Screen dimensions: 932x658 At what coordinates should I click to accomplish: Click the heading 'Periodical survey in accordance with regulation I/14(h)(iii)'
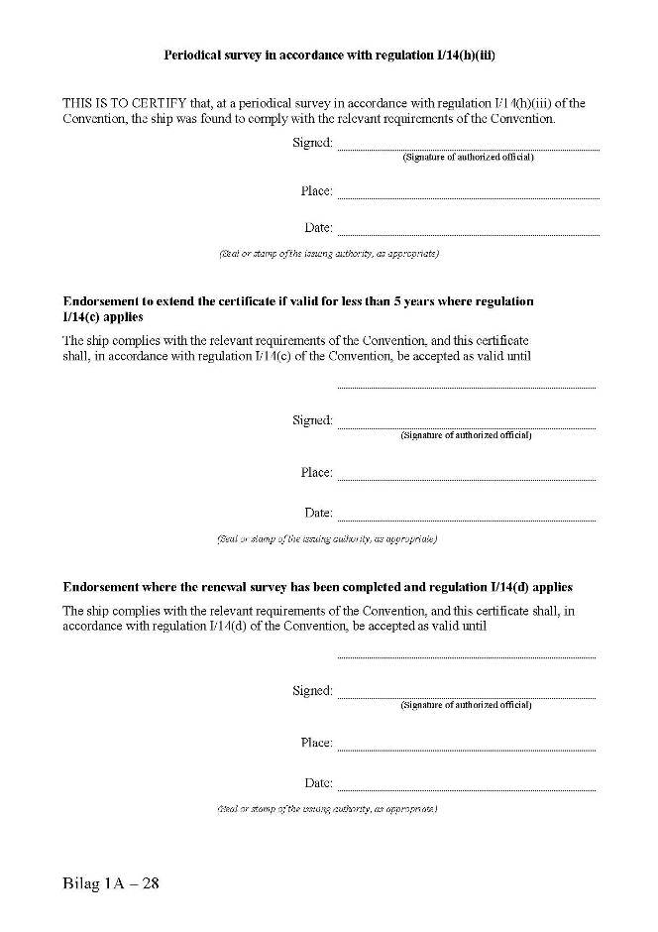[x=328, y=56]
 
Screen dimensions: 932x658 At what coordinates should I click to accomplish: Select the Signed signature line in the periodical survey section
[x=468, y=148]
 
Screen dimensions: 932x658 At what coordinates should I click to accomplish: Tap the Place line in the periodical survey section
[x=468, y=196]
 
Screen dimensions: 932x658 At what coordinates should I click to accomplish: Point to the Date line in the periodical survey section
[x=468, y=234]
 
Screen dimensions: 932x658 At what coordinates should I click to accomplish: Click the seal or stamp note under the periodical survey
[x=328, y=254]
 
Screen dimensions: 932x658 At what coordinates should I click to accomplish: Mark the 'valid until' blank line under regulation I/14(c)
[x=466, y=386]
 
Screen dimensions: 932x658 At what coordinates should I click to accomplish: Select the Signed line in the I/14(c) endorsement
[x=466, y=426]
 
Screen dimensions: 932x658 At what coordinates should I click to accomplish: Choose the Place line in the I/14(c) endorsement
[x=466, y=479]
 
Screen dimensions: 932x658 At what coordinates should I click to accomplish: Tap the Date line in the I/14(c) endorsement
[x=466, y=519]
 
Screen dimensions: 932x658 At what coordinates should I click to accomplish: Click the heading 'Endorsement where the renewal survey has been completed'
[x=317, y=587]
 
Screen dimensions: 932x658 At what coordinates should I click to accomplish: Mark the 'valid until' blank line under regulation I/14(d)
[x=466, y=656]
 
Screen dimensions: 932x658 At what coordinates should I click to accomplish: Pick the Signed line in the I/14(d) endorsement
[x=466, y=697]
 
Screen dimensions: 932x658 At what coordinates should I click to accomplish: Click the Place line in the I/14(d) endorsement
[x=466, y=749]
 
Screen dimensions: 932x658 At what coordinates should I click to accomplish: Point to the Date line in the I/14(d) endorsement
[x=466, y=789]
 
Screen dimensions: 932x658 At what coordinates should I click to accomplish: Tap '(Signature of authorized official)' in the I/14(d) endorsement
[x=466, y=705]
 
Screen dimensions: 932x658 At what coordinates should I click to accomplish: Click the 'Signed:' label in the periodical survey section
[x=312, y=143]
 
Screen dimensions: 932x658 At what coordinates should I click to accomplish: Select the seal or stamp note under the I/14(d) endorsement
[x=327, y=809]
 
